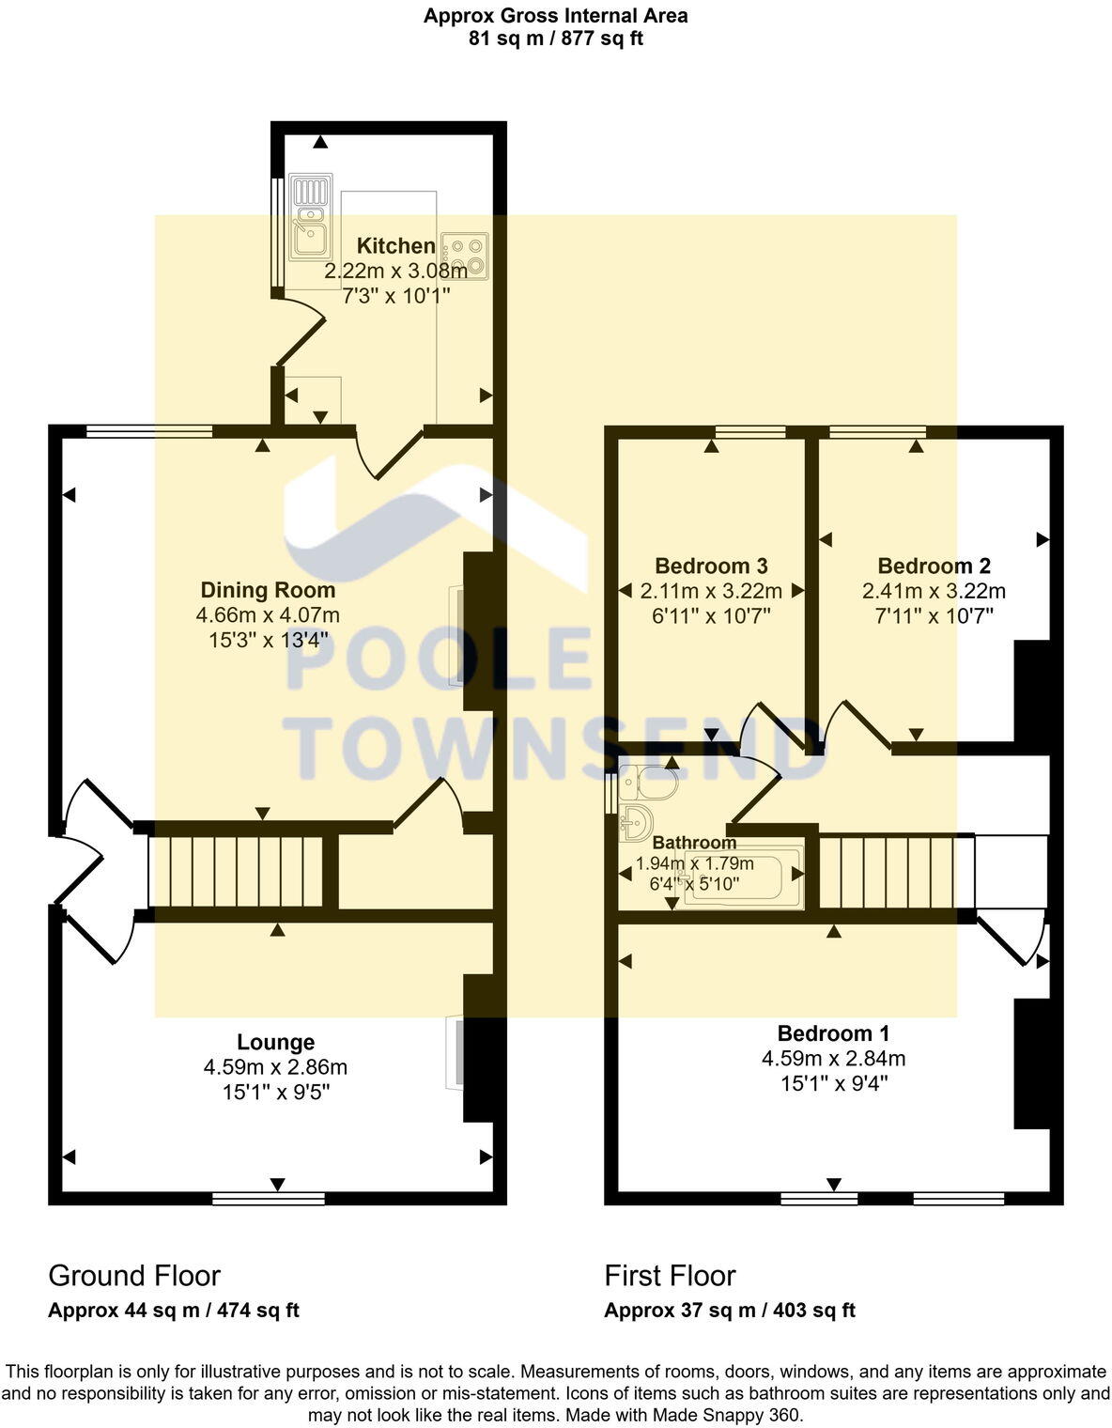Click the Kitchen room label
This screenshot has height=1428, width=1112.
click(x=395, y=246)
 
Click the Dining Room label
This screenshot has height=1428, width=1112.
click(x=268, y=590)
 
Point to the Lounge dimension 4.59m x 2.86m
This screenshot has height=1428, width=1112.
click(x=275, y=1067)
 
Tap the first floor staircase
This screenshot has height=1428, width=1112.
click(x=888, y=872)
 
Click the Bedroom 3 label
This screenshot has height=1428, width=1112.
click(x=711, y=566)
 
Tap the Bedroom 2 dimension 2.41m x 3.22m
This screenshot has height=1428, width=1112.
click(x=934, y=591)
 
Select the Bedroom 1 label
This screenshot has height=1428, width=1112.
click(x=833, y=1033)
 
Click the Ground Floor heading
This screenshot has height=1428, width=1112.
click(x=134, y=1275)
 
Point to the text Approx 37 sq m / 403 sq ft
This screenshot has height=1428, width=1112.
click(x=729, y=1311)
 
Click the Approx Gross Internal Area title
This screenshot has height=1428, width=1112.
click(x=555, y=15)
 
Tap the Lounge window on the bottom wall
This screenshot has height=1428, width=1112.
click(x=269, y=1198)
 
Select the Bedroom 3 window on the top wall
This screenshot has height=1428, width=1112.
click(x=749, y=432)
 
